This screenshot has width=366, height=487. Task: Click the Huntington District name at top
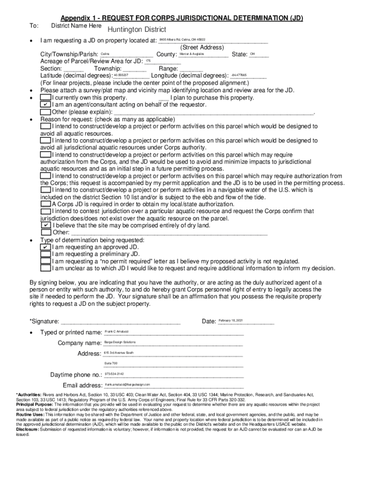(x=136, y=29)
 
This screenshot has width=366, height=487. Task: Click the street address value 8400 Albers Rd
(x=182, y=39)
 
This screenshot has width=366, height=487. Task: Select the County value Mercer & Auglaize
(x=192, y=54)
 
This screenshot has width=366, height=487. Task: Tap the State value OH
(x=252, y=54)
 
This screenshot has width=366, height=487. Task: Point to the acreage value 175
(x=148, y=61)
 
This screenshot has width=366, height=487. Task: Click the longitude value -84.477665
(x=239, y=76)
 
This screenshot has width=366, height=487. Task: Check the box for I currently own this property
(x=46, y=97)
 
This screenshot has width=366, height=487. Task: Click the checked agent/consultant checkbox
(x=46, y=105)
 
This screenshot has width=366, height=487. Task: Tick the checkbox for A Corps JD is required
(x=46, y=204)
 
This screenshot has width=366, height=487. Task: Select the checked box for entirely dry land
(x=46, y=225)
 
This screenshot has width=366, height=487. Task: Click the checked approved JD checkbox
(x=46, y=247)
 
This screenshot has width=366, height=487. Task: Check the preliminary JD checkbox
(x=46, y=254)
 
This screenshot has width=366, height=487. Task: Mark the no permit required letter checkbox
(x=46, y=262)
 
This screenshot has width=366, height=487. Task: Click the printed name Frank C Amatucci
(x=116, y=331)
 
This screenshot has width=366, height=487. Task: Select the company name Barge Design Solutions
(x=120, y=342)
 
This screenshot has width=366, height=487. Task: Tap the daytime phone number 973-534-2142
(x=114, y=374)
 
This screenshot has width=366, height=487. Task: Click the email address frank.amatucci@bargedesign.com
(x=127, y=384)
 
